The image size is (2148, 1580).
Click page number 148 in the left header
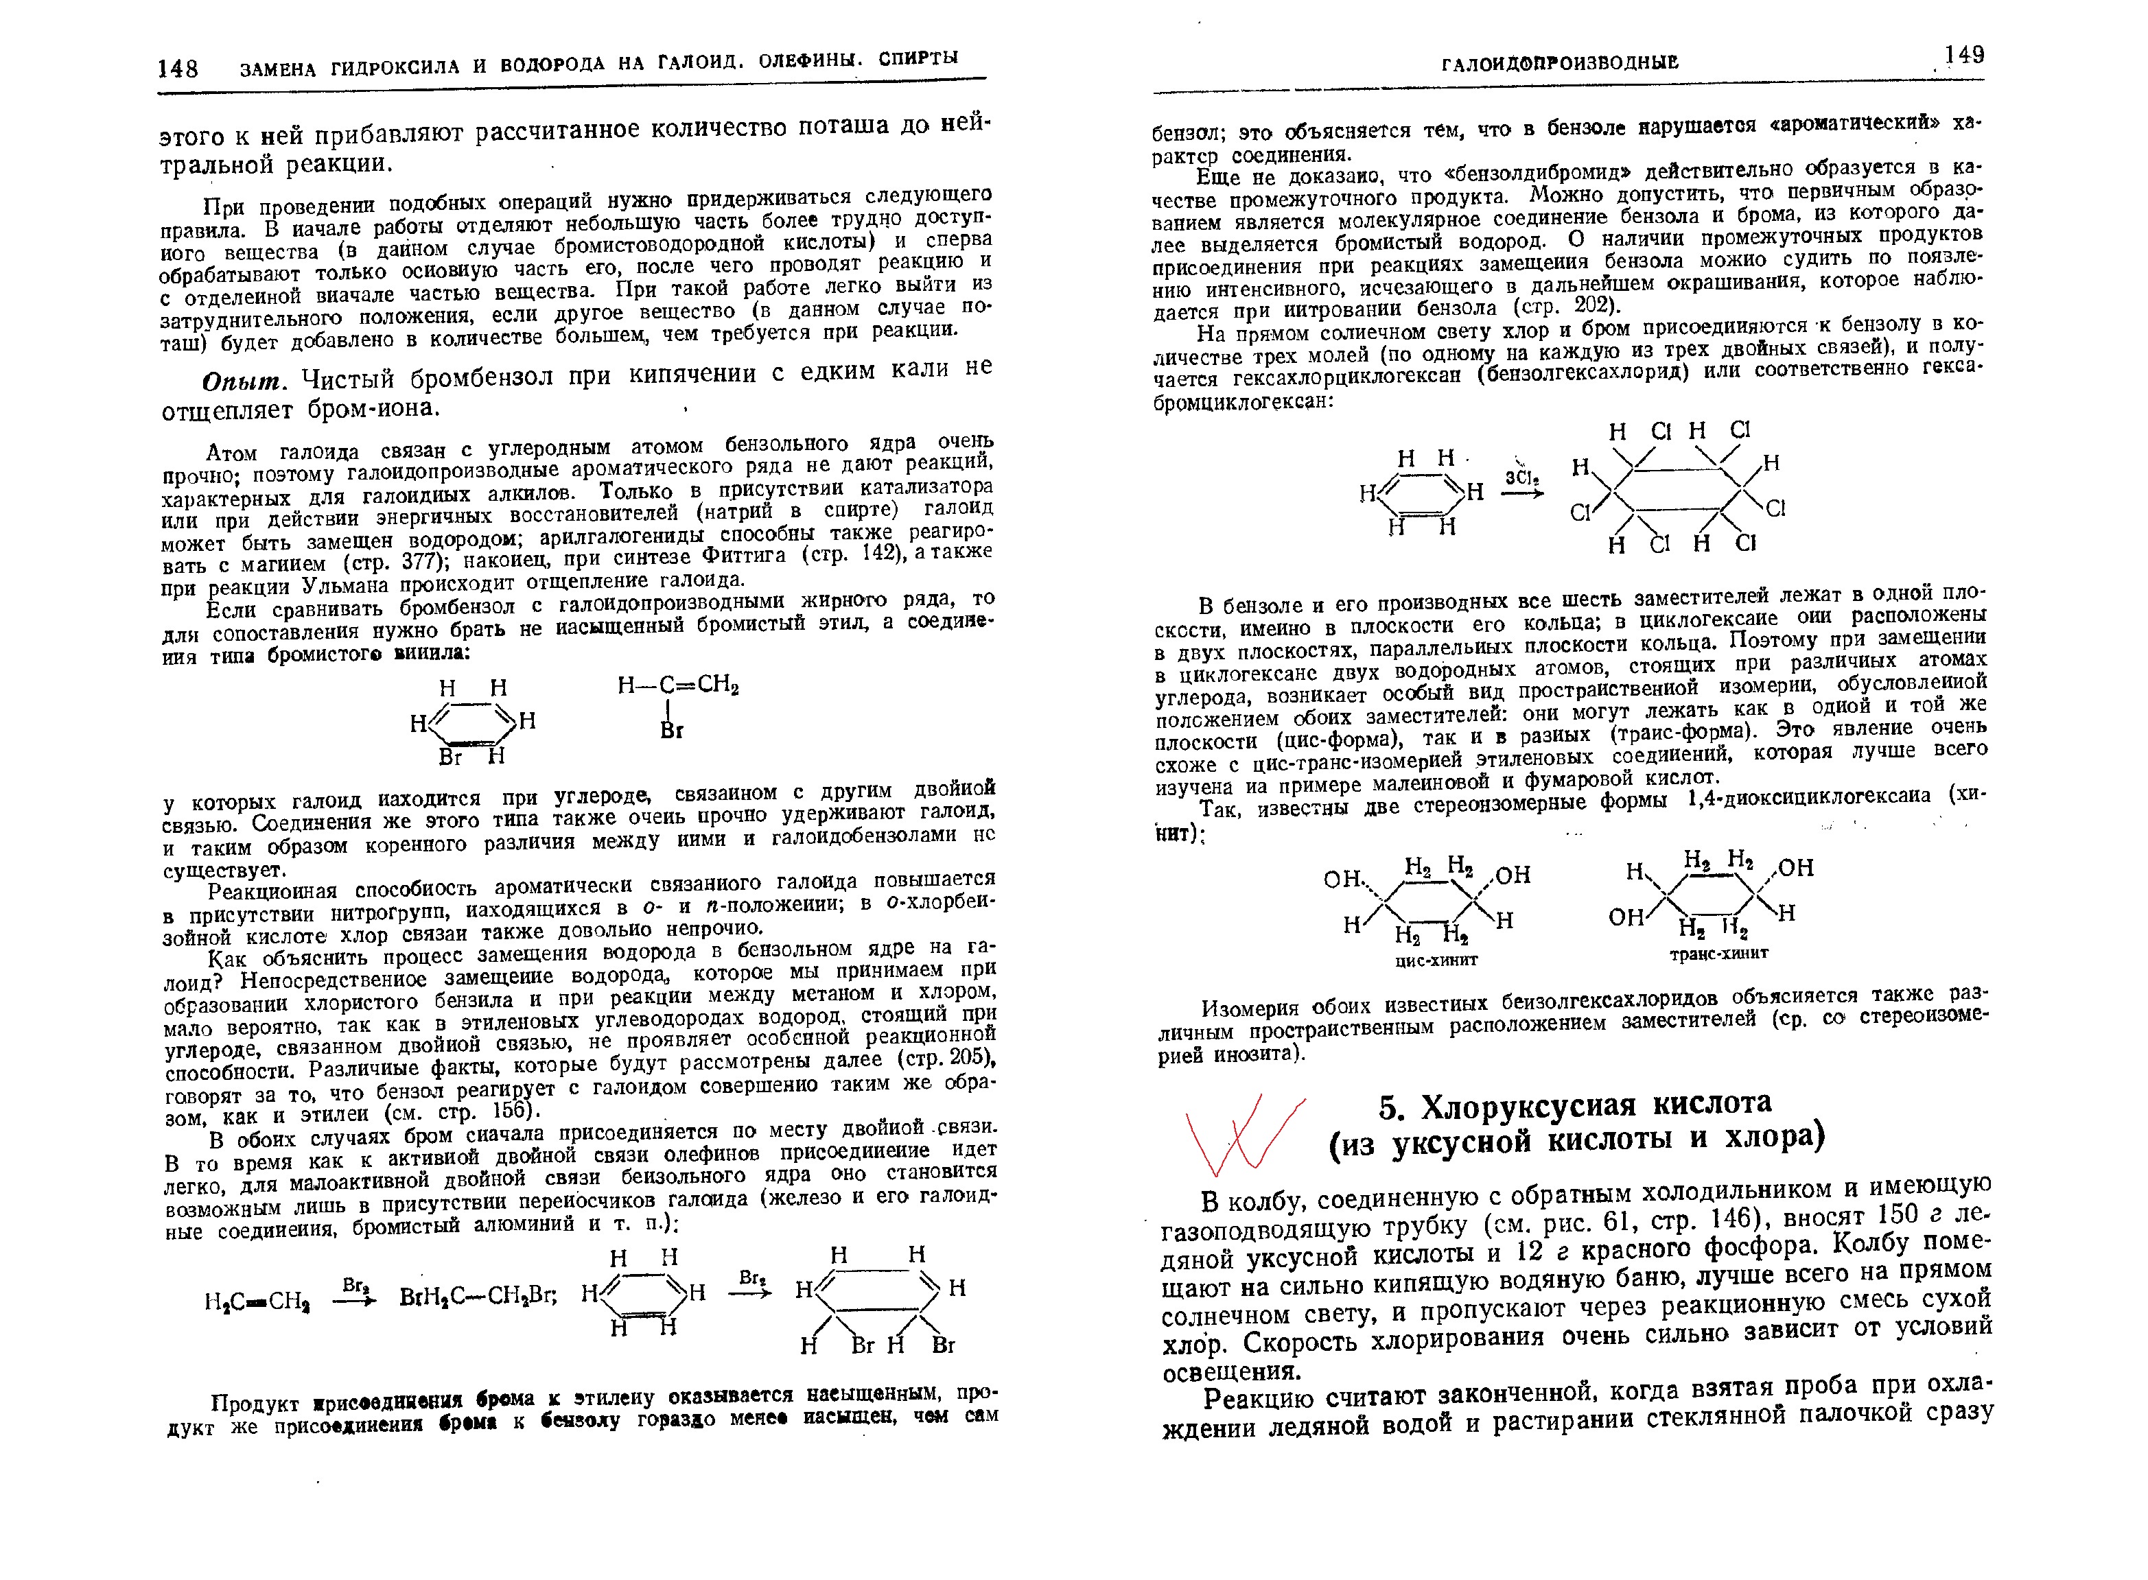pyautogui.click(x=178, y=68)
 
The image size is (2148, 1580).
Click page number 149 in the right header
pyautogui.click(x=1963, y=56)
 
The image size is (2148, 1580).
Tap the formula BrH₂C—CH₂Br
pyautogui.click(x=478, y=1298)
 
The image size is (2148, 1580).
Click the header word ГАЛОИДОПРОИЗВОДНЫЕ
pyautogui.click(x=1560, y=63)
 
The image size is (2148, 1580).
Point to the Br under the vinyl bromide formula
pyautogui.click(x=672, y=731)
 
